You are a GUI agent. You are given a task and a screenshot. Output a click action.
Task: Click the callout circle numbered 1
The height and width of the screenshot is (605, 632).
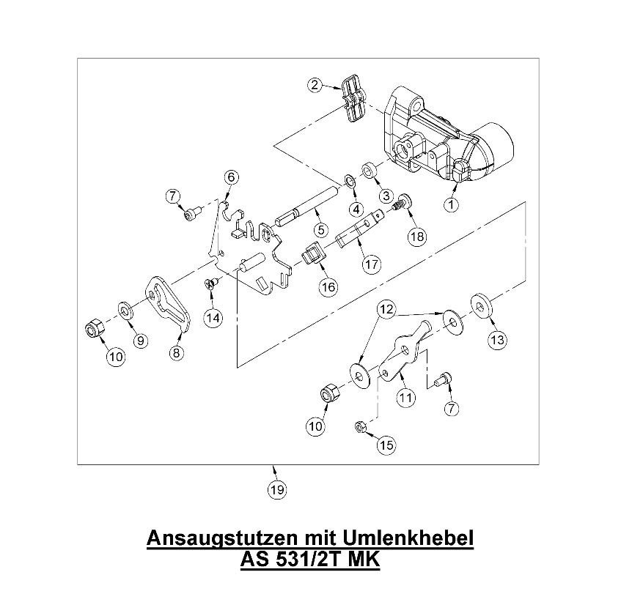[x=452, y=205]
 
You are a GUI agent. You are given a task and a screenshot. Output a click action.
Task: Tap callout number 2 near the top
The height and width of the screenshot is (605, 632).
[x=315, y=85]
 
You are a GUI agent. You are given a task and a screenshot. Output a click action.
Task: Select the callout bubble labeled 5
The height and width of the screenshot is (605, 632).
[x=320, y=229]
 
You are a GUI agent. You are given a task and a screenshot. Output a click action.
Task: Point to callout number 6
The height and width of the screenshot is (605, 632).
[x=231, y=177]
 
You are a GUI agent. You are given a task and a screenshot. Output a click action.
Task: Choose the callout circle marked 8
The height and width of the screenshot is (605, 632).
[x=176, y=352]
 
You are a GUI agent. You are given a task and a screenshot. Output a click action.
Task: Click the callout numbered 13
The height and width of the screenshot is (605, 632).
[x=497, y=340]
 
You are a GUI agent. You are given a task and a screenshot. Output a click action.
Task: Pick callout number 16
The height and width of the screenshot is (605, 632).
[x=328, y=286]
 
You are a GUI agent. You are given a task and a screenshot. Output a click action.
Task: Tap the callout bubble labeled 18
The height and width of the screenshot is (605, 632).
[x=417, y=237]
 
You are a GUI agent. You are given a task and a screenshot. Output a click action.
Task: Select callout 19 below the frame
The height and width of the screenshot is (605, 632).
[x=276, y=490]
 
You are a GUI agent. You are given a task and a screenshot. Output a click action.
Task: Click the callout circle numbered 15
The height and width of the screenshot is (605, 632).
[x=386, y=444]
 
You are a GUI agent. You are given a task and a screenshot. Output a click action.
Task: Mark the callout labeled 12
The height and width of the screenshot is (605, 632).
[x=386, y=311]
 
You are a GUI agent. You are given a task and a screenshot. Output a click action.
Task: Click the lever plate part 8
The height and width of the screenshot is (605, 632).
[x=169, y=304]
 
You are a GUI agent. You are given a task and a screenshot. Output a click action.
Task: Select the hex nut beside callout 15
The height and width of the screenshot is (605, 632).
[x=360, y=426]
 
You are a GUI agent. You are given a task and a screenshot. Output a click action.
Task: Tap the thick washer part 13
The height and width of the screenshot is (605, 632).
[x=481, y=303]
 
